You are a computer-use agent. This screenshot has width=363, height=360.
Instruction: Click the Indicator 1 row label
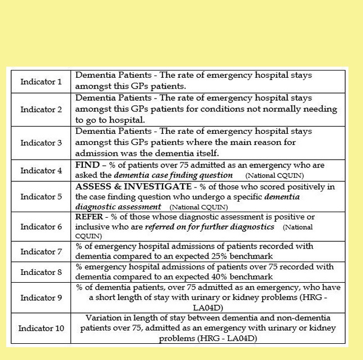click(41, 82)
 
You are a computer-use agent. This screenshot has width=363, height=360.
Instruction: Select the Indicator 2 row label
click(41, 109)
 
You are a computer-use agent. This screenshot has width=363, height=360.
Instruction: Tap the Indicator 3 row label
click(41, 143)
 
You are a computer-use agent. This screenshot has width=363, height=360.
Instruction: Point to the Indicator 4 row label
click(41, 171)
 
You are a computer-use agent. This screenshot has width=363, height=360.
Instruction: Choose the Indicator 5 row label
click(41, 197)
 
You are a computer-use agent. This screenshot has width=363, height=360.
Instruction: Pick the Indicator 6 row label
click(41, 227)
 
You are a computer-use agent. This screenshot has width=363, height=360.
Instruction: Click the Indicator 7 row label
click(41, 251)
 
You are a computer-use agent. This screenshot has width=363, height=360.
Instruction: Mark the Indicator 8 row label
click(41, 272)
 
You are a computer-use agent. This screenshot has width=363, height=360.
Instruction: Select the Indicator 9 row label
click(41, 297)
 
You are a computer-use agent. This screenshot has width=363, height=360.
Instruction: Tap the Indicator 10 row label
click(41, 328)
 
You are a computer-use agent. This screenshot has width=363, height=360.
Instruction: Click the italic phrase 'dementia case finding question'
click(173, 175)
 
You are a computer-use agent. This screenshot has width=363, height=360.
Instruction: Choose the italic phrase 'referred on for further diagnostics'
click(210, 227)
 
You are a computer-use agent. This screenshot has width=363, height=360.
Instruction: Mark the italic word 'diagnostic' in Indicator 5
click(96, 207)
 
